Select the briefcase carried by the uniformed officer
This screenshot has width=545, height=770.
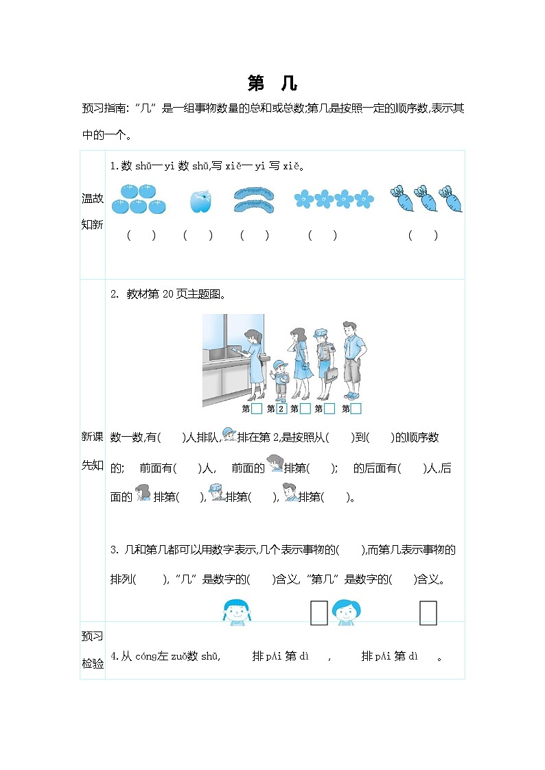coord(332,374)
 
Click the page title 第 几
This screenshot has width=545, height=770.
coord(272,84)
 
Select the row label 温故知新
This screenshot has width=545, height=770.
coord(93,211)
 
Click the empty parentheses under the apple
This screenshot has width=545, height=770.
coord(198,235)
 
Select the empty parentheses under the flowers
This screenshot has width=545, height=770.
coord(323,235)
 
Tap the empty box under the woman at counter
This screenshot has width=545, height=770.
coord(257,409)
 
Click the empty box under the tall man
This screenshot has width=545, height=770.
coord(356,409)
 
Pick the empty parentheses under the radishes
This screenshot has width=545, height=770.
coord(423,235)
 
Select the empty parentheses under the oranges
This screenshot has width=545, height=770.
coord(141,235)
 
